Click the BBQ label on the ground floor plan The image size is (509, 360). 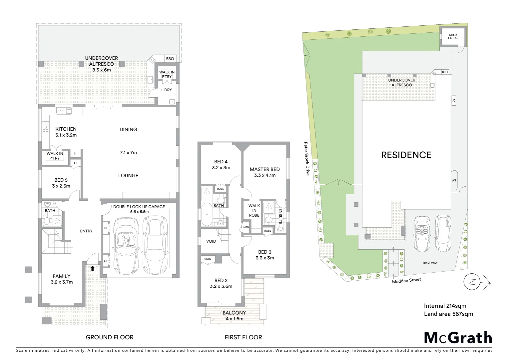(x=170, y=59)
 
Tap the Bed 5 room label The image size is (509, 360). (x=61, y=183)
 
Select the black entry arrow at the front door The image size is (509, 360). (x=92, y=268)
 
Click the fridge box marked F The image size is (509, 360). (x=75, y=153)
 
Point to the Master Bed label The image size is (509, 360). (x=264, y=172)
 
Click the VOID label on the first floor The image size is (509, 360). (x=211, y=241)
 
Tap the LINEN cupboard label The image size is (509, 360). (x=245, y=227)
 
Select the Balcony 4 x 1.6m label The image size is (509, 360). (x=234, y=316)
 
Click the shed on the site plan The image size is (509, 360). (x=453, y=36)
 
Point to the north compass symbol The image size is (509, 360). (x=472, y=282)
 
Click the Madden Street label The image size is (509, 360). (x=406, y=281)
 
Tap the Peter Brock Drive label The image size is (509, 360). (x=306, y=159)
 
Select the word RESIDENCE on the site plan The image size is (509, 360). (x=406, y=155)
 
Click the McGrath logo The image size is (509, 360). (x=458, y=338)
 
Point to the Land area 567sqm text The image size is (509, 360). (x=448, y=314)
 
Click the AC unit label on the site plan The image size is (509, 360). (x=453, y=100)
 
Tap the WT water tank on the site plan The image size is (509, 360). (x=454, y=180)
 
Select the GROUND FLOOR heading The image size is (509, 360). (x=110, y=337)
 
